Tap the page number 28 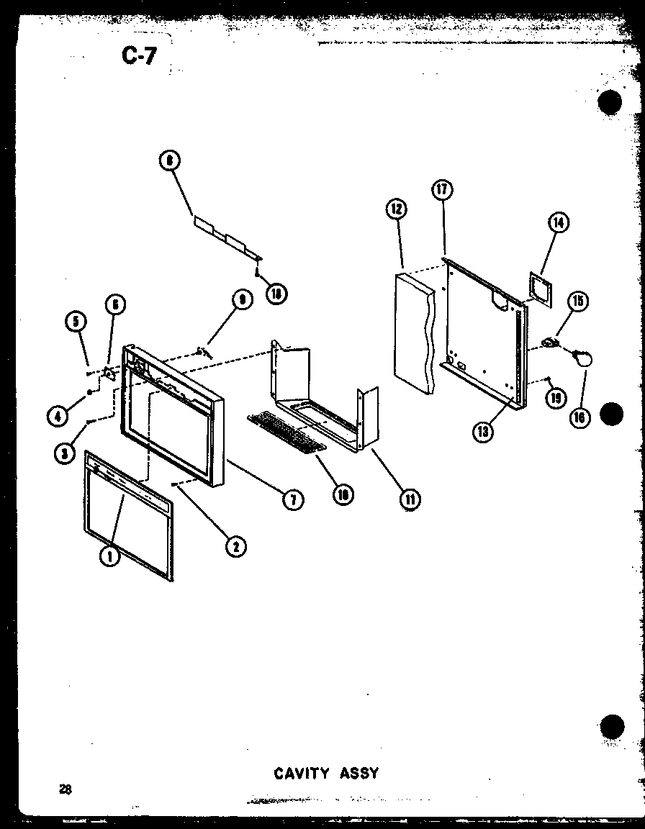[66, 788]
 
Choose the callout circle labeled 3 [66, 453]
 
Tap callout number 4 [58, 414]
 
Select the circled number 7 [293, 500]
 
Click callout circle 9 [241, 301]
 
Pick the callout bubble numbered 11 [410, 499]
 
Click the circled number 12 [395, 209]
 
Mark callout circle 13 [482, 431]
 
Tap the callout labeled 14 [558, 223]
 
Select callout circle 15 [576, 301]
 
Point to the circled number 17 [442, 190]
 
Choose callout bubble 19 [554, 398]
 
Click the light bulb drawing [582, 357]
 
